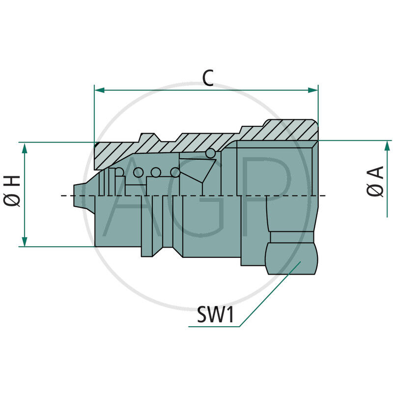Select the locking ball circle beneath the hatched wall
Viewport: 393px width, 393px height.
(210, 153)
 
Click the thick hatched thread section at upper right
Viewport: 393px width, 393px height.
(290, 130)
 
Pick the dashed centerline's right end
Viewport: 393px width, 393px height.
(324, 196)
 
